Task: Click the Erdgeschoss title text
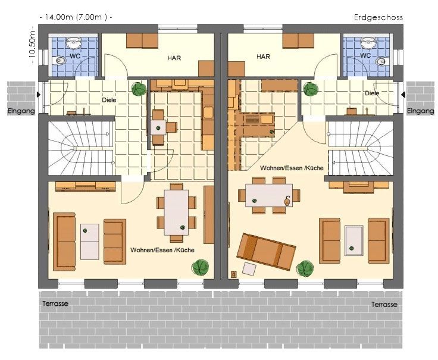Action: pos(378,18)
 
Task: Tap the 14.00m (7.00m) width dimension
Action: pos(76,17)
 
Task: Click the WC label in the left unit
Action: pos(75,56)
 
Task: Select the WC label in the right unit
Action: pos(365,55)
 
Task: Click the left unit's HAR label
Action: pos(174,58)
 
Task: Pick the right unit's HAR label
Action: pos(263,57)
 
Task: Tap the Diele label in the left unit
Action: pos(109,100)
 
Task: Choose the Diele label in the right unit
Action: pos(372,93)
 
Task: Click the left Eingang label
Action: pos(21,111)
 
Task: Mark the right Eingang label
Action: pos(420,111)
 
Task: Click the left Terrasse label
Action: pos(55,303)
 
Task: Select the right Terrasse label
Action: pos(384,304)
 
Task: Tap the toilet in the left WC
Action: pos(59,60)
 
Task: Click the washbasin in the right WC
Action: pos(368,43)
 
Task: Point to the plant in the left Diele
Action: pos(139,89)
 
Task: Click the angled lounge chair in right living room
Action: pos(265,252)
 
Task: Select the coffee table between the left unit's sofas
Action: pos(90,242)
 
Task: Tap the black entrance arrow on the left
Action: pos(39,95)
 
